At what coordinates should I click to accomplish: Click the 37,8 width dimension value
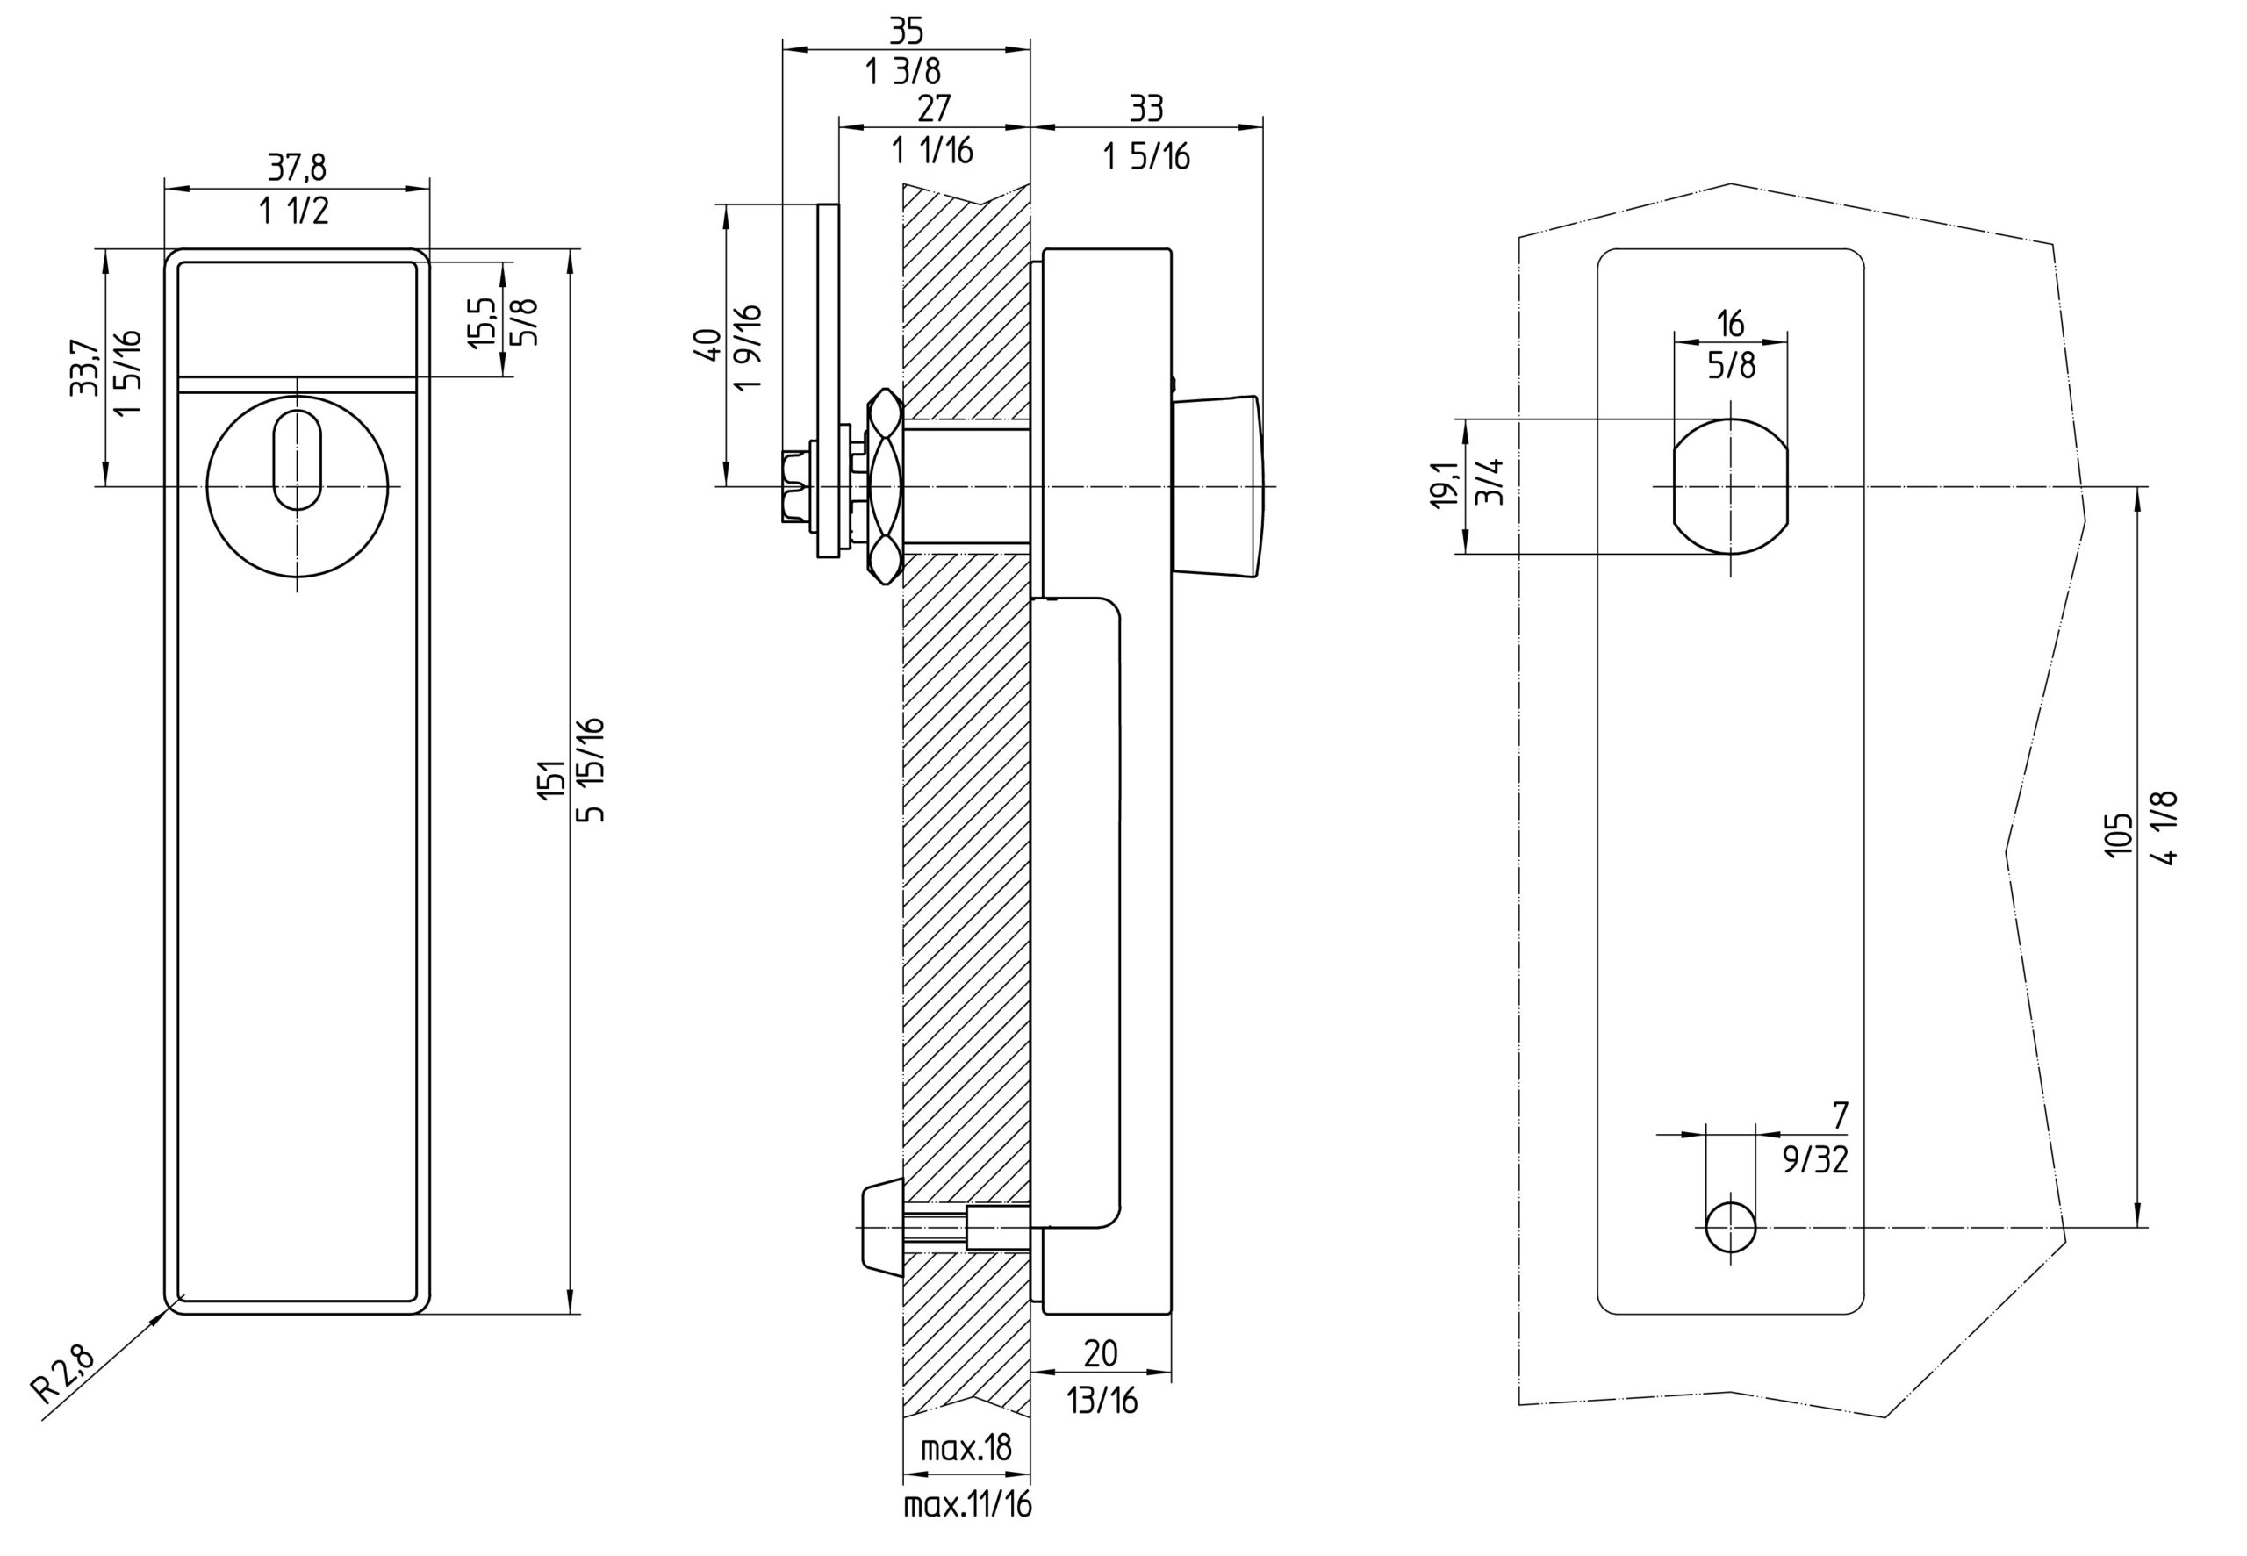[298, 168]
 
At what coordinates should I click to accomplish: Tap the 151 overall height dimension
[553, 780]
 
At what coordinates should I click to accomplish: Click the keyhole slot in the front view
[298, 460]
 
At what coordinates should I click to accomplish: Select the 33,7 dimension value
[84, 368]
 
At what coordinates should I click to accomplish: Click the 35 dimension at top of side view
[906, 32]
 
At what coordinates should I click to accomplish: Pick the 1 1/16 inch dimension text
[932, 150]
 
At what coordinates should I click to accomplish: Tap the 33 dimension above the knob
[1145, 108]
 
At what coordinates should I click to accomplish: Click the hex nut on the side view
[885, 484]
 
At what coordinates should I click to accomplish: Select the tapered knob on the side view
[1217, 484]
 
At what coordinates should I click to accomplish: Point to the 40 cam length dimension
[707, 345]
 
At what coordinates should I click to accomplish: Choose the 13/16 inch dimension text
[1102, 1401]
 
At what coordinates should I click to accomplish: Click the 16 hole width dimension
[1730, 323]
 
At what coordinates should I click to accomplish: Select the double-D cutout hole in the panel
[1730, 485]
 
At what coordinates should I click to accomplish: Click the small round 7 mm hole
[1730, 1227]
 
